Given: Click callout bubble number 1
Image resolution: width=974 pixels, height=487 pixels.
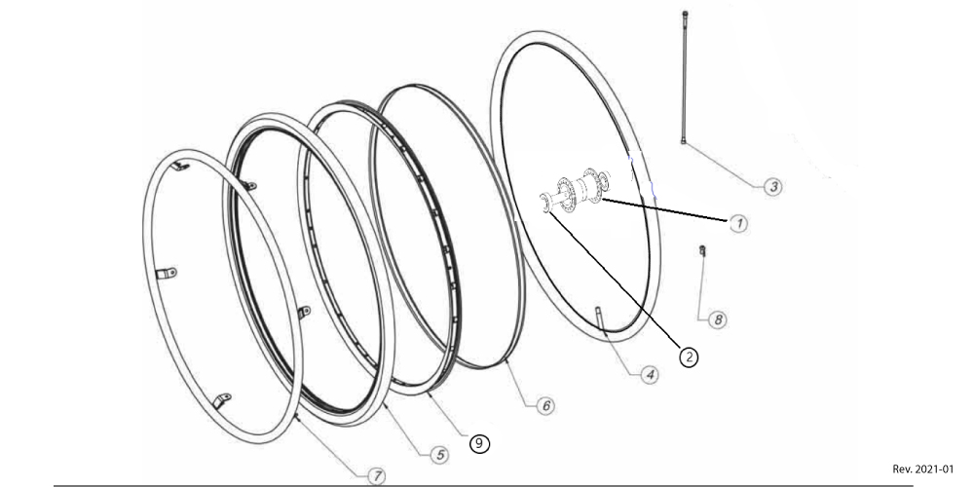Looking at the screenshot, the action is tap(738, 224).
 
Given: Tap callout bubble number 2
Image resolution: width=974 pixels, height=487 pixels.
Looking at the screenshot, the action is tap(689, 356).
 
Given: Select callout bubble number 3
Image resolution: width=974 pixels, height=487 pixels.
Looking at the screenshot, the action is tap(772, 186).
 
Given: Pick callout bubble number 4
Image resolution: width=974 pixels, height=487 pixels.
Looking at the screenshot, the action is tap(650, 375).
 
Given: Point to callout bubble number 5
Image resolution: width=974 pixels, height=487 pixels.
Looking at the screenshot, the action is tap(439, 455).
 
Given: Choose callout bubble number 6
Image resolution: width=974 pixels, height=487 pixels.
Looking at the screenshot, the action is tap(546, 405).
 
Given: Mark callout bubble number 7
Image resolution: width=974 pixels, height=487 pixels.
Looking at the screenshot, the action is tap(376, 476).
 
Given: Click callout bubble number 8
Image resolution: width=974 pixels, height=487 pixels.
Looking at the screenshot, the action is tap(718, 319).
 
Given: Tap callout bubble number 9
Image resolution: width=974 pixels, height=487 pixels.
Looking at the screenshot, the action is tap(479, 443).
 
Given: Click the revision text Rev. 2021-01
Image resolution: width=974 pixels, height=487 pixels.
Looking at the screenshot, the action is tap(922, 468).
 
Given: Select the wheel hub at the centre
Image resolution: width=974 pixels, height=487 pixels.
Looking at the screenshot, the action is tap(576, 191).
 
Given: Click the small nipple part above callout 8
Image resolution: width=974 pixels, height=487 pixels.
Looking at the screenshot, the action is tap(702, 250).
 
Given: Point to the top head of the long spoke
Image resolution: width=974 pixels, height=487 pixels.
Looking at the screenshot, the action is tap(685, 14).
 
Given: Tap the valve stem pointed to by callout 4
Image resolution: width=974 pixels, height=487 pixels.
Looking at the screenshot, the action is tap(601, 319).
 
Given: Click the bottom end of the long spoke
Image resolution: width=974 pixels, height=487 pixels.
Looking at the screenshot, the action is tap(684, 141).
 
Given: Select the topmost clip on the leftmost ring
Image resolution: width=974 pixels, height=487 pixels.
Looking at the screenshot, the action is tap(180, 166).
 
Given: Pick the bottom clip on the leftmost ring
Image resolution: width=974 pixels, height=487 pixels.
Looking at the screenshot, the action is tap(222, 400).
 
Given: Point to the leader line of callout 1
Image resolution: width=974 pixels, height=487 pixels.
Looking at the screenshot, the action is tap(664, 210).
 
